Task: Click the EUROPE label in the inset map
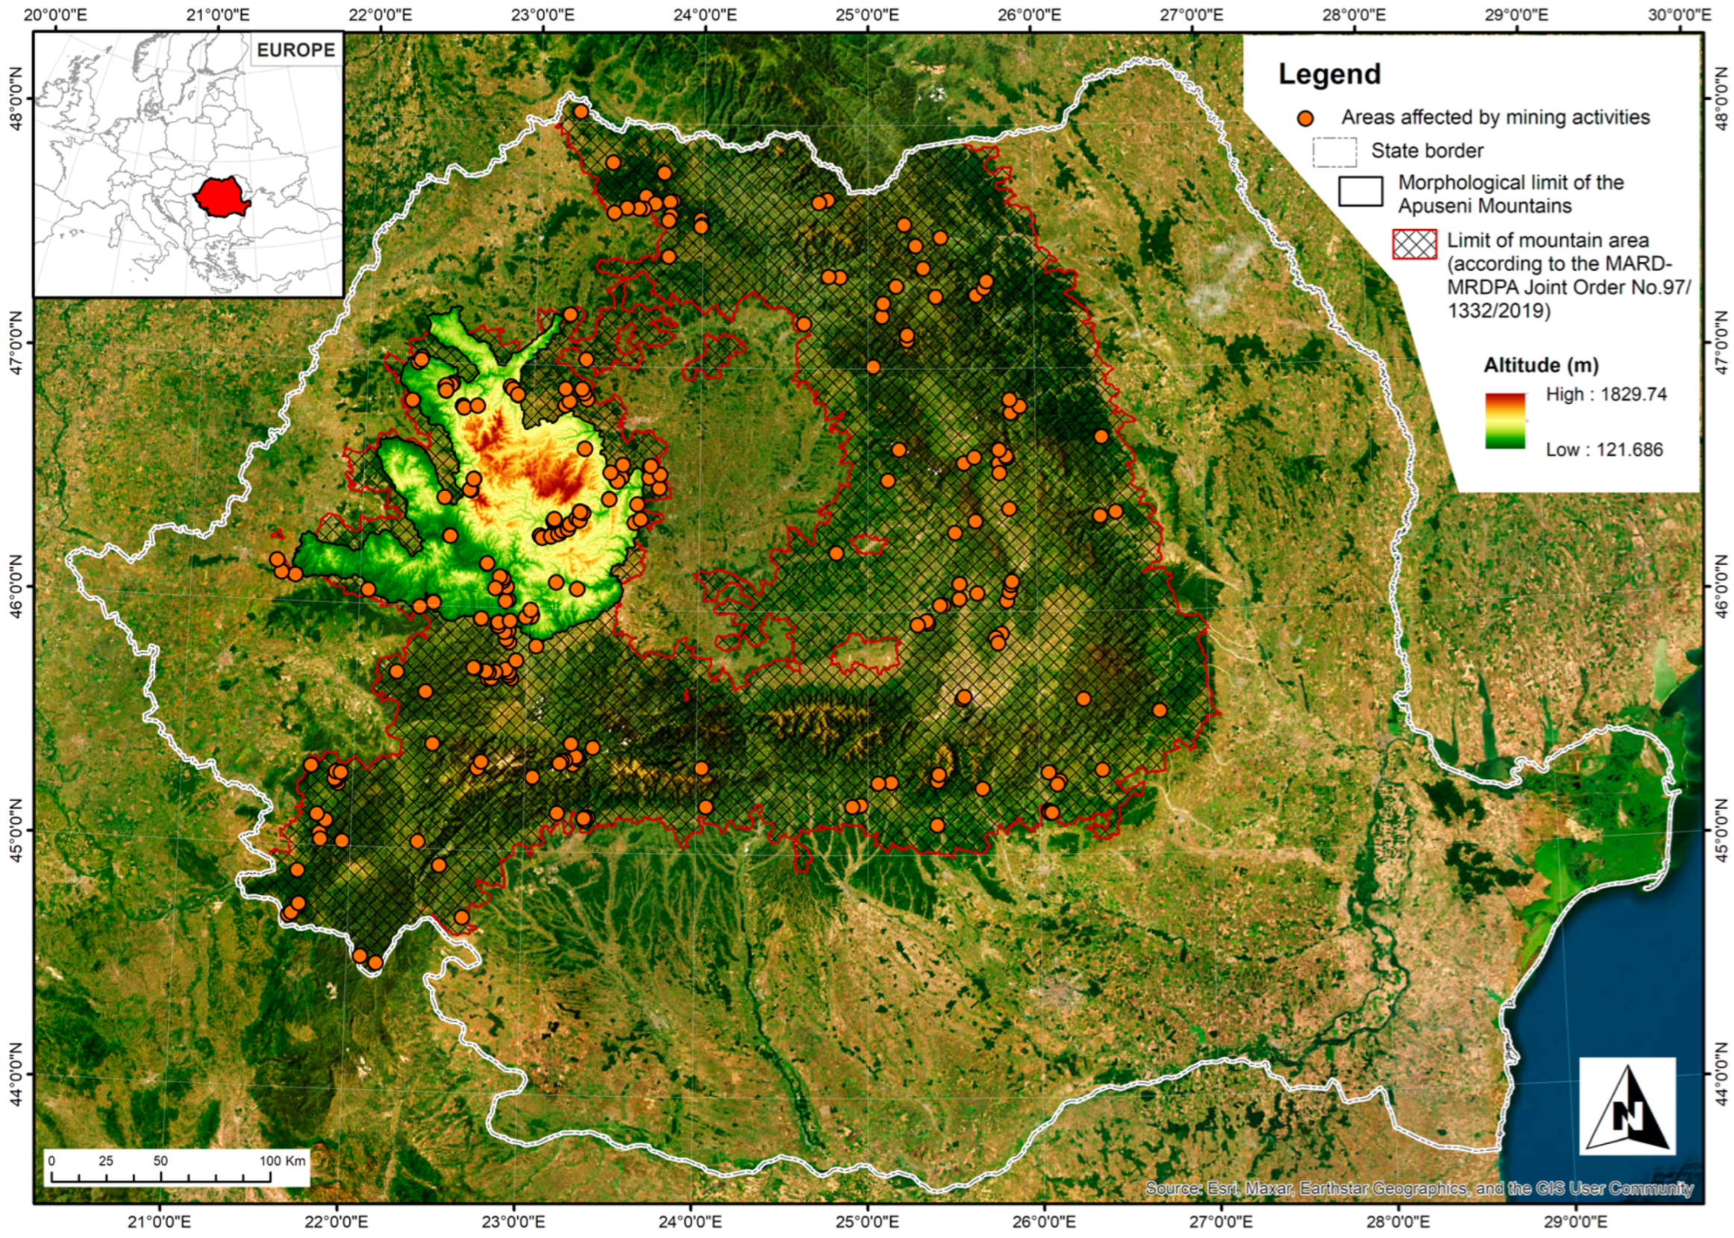pyautogui.click(x=295, y=50)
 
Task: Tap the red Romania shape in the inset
pyautogui.click(x=221, y=197)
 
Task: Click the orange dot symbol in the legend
pyautogui.click(x=1306, y=118)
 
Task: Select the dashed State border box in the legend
pyautogui.click(x=1335, y=151)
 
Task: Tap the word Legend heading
pyautogui.click(x=1330, y=74)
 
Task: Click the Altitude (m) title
pyautogui.click(x=1541, y=365)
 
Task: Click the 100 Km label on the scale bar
pyautogui.click(x=282, y=1161)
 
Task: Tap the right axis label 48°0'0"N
pyautogui.click(x=1719, y=99)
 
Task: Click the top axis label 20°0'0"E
pyautogui.click(x=57, y=14)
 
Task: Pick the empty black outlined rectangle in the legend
pyautogui.click(x=1359, y=192)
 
